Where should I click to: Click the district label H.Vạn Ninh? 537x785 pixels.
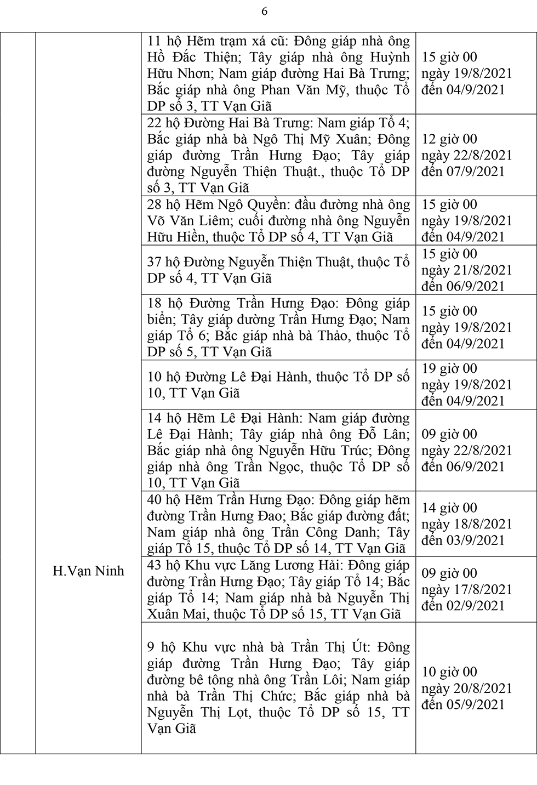[x=88, y=571]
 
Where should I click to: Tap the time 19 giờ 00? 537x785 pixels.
[x=449, y=368]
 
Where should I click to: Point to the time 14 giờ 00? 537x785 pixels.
[x=449, y=508]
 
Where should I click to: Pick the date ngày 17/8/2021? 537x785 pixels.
[x=467, y=589]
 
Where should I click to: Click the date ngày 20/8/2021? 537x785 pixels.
[x=467, y=688]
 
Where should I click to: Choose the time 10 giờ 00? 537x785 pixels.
[x=449, y=672]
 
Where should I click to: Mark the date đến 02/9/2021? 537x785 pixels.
[x=463, y=605]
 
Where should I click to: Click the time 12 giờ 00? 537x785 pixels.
[x=449, y=139]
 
